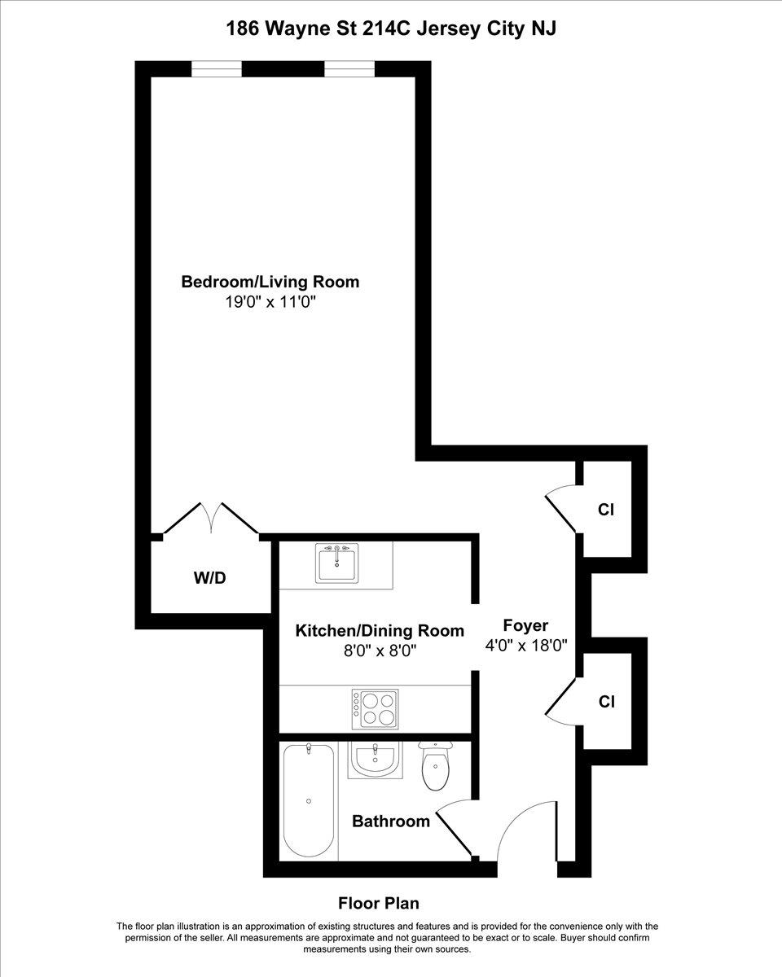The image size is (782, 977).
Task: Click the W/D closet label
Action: point(209,578)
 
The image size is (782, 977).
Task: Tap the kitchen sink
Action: point(336,563)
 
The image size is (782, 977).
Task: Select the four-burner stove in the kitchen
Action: point(375,710)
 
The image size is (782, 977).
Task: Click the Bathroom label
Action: point(391,821)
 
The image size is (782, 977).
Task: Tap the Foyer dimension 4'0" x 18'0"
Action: point(526,645)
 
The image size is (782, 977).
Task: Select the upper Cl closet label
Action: point(606,510)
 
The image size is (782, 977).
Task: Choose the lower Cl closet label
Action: point(607,702)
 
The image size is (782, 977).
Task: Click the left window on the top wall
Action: point(217,69)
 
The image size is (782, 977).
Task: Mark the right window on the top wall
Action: point(349,69)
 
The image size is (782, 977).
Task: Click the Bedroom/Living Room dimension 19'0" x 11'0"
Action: point(270,302)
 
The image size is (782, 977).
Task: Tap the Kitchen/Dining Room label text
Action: point(380,631)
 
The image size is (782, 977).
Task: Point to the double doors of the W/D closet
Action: point(211,518)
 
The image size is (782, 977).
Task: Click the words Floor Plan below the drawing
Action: point(379,904)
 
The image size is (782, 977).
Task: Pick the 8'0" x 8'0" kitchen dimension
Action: point(380,651)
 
